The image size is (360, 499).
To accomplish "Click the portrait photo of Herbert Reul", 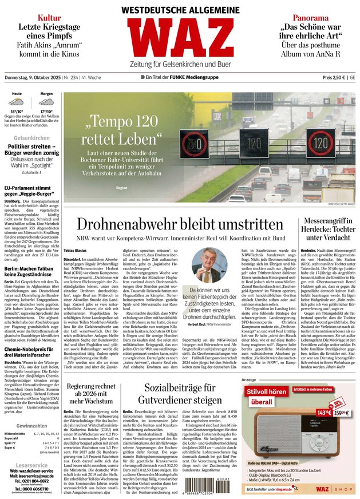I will coord(209,264).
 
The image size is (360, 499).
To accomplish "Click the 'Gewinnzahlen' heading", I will coord(31,426).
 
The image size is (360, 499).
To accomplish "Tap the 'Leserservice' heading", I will coord(31,465).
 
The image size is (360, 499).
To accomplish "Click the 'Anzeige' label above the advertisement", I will coord(248,379).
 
